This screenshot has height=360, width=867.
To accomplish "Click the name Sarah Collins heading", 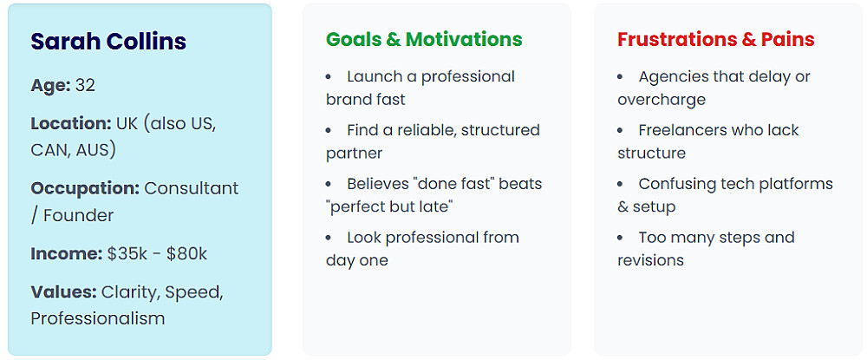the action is coord(108,42).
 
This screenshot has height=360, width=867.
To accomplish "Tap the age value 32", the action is coord(85,85).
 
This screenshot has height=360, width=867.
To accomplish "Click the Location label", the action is coord(71,123).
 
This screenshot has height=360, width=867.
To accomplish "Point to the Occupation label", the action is coord(85,188).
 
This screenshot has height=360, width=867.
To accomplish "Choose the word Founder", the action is coord(78,215).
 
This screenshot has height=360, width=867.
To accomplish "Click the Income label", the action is coord(67,254).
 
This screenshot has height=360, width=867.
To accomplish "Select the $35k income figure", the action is coord(127,254).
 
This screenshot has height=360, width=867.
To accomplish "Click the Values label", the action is coord(64,291).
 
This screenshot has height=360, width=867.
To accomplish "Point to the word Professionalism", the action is coord(98,318).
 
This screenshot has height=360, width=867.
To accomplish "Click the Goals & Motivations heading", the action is coord(424,39).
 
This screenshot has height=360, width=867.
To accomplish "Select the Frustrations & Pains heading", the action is coord(716,39).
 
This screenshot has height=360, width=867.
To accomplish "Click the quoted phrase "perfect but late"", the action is coord(390,206).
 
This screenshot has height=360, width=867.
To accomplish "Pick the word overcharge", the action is coord(662,100).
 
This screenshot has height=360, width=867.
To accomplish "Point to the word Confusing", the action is coord(676,184).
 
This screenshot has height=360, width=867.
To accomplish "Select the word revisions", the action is coord(651,260).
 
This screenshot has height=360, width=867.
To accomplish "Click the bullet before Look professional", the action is coord(329,238).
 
